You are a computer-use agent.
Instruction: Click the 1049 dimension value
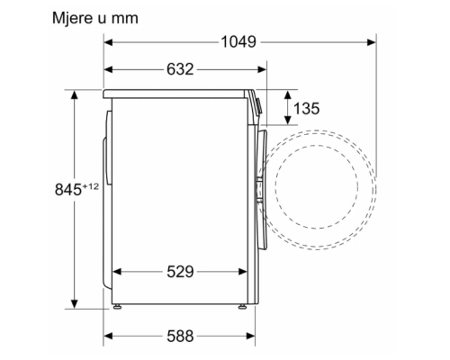(238, 42)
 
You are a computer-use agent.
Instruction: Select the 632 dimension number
(180, 69)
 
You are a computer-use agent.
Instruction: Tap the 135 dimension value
(306, 108)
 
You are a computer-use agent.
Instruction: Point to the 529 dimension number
(180, 272)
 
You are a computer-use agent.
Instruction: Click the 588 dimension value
(180, 336)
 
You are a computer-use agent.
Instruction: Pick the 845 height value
(68, 190)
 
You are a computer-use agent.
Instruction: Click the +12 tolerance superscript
(90, 186)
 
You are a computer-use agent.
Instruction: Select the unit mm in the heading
(125, 19)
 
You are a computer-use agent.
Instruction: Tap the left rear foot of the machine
(117, 307)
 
